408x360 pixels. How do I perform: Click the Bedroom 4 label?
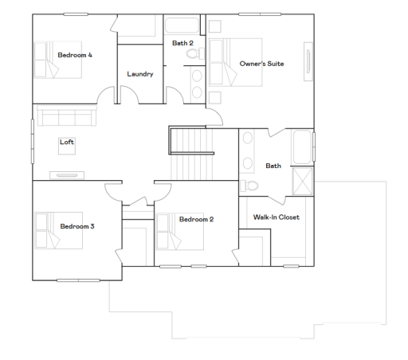[x=75, y=55]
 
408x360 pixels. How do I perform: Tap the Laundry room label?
[x=139, y=74]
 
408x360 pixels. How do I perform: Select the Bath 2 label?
[x=182, y=42]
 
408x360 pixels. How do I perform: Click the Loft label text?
[x=67, y=143]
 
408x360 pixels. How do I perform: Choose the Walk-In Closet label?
[x=276, y=217]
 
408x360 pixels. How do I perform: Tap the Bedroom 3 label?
[x=77, y=226]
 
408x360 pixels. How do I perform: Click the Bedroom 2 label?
[x=196, y=219]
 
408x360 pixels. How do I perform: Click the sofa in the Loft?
[x=65, y=117]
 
